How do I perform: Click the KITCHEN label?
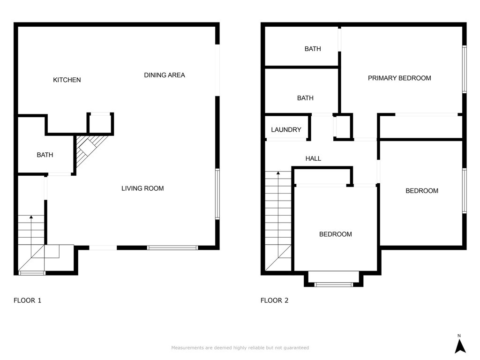[x=67, y=80]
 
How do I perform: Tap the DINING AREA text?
[x=165, y=75]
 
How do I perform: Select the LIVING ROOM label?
[x=142, y=188]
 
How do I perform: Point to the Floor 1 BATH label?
[x=45, y=155]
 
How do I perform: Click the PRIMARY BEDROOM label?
[x=399, y=78]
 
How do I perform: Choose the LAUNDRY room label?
[x=286, y=130]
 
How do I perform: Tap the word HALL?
[x=313, y=158]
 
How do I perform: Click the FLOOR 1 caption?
[x=27, y=300]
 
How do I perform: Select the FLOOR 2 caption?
[x=275, y=300]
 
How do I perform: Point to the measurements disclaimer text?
[x=240, y=348]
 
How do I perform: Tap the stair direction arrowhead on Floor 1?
[x=31, y=217]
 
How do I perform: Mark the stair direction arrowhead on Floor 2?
[x=278, y=173]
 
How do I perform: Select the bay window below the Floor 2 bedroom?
[x=334, y=284]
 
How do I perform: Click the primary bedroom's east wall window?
[x=465, y=69]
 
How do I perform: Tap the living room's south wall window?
[x=172, y=247]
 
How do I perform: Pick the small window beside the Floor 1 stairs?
[x=32, y=273]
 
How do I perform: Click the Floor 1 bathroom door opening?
[x=60, y=174]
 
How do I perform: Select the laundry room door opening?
[x=286, y=140]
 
